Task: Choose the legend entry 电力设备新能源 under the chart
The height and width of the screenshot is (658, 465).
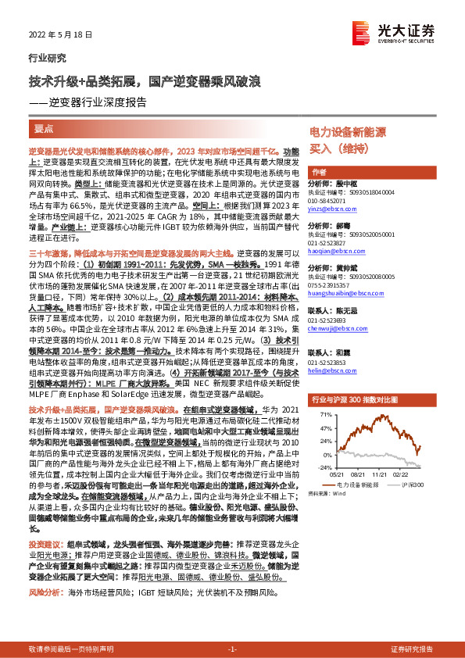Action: [360, 485]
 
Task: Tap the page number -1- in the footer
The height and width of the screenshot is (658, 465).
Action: [231, 649]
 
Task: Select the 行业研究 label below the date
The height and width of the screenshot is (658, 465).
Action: [47, 58]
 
